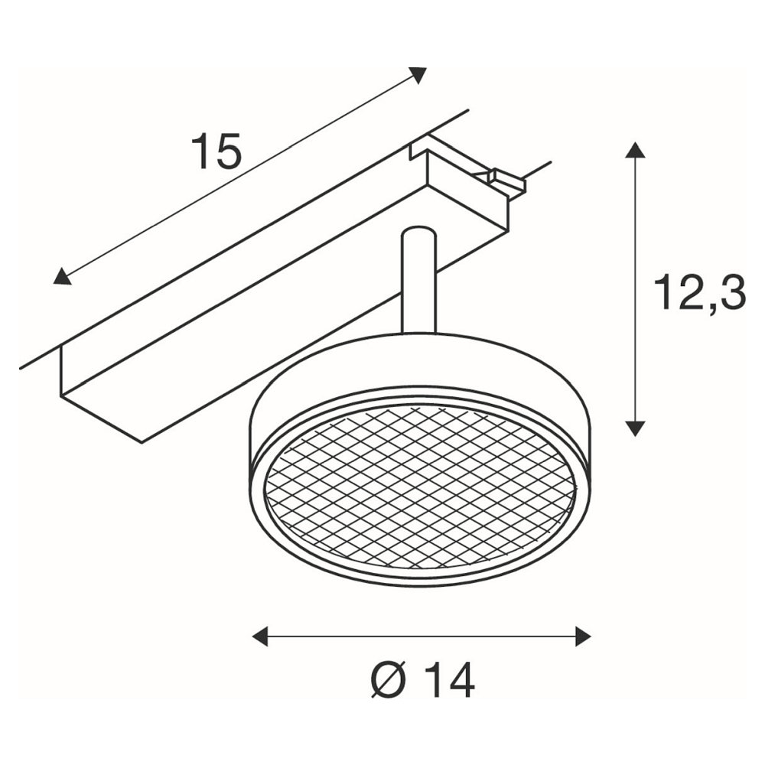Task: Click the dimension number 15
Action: coord(216,151)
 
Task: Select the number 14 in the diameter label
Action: coord(449,681)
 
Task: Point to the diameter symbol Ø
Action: coord(389,681)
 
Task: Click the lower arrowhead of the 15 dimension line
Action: coord(61,276)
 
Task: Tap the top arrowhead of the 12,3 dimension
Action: coord(635,149)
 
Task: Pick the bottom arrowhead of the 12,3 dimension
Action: coord(635,428)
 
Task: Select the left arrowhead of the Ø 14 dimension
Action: coord(260,636)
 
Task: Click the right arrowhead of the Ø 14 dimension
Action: coord(584,636)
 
